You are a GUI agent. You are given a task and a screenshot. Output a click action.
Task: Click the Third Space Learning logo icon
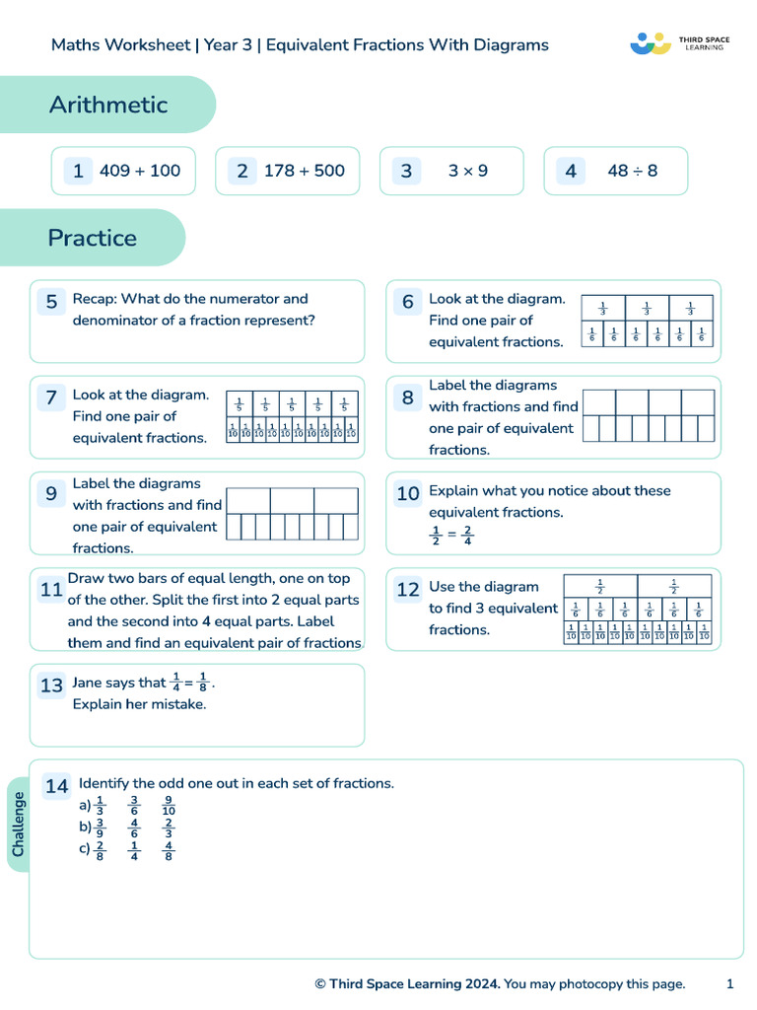click(650, 43)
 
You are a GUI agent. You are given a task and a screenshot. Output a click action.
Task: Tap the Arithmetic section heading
click(108, 105)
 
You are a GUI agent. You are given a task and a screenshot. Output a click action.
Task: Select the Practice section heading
click(93, 238)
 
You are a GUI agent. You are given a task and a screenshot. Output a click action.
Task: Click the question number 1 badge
click(78, 171)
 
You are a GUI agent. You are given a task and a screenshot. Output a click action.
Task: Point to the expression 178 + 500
click(305, 171)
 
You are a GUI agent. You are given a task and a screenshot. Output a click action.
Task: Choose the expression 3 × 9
click(467, 171)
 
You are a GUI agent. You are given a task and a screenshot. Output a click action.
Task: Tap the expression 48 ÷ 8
click(633, 171)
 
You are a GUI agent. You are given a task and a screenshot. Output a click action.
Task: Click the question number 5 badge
click(51, 302)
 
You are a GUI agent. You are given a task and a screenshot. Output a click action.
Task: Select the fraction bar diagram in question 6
click(647, 322)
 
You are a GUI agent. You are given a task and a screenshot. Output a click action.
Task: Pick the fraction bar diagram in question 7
click(292, 417)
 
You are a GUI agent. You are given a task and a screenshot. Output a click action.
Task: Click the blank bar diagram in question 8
click(649, 415)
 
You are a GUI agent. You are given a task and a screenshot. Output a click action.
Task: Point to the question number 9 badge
click(51, 494)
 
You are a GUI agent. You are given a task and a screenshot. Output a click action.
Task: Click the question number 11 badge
click(51, 590)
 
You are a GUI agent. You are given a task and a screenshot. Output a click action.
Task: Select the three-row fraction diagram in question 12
click(637, 610)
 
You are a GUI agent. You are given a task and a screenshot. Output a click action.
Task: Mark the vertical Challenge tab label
click(19, 825)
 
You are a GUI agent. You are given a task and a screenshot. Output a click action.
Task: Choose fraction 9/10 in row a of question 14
click(169, 806)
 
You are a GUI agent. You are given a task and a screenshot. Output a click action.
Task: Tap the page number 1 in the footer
click(729, 983)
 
